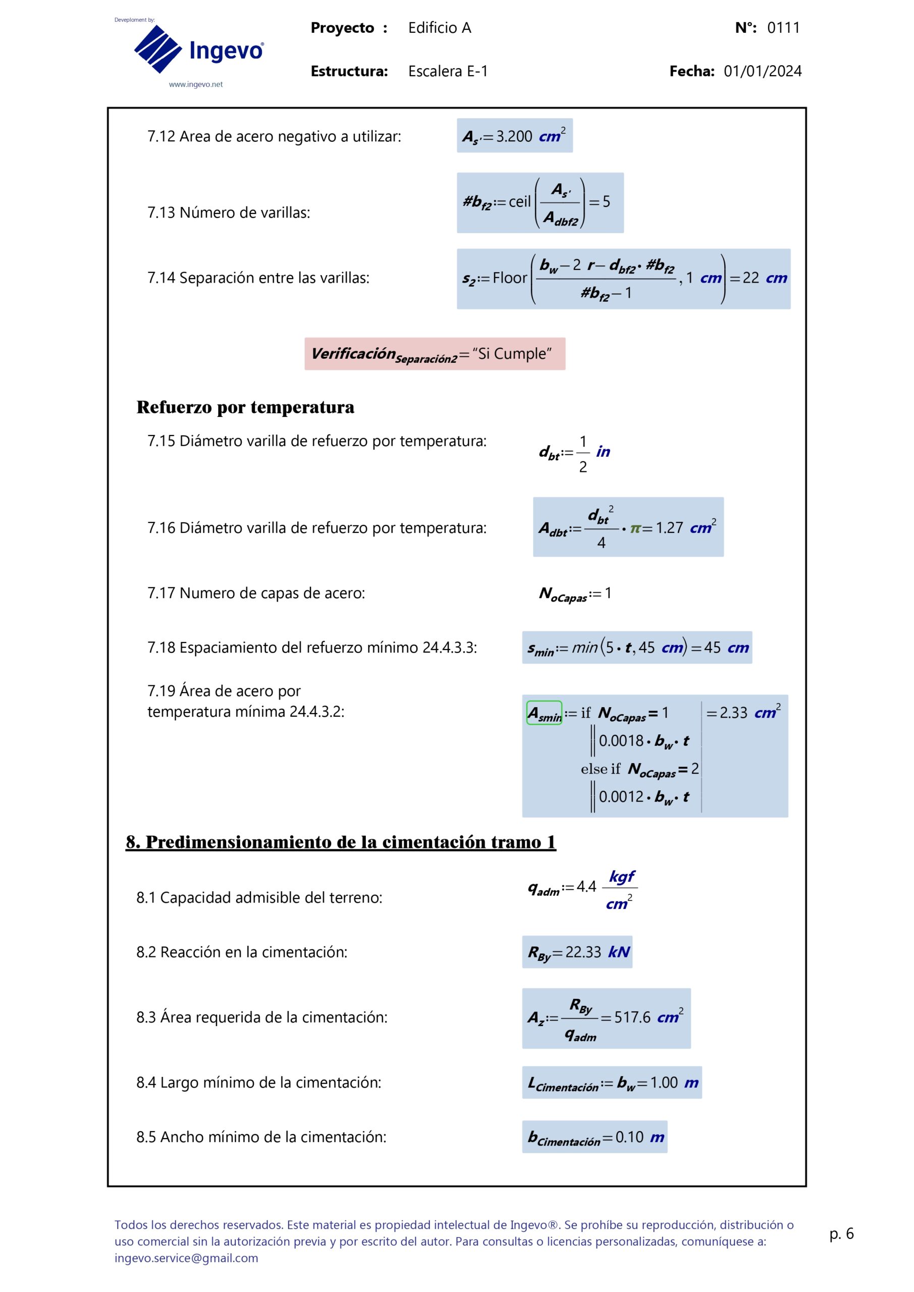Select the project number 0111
click(783, 28)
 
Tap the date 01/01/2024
click(762, 72)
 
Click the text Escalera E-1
click(448, 72)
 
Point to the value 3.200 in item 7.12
click(514, 137)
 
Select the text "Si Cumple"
click(512, 354)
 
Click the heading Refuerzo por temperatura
click(245, 407)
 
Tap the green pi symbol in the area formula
click(635, 528)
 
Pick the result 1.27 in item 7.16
click(669, 528)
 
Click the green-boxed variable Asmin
click(544, 713)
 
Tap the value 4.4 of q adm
click(586, 887)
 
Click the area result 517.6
click(632, 1017)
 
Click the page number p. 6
click(841, 1233)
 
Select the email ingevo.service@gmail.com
click(186, 1258)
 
